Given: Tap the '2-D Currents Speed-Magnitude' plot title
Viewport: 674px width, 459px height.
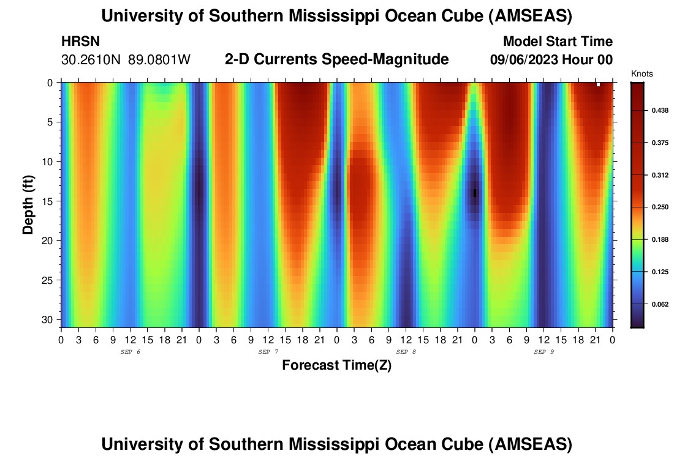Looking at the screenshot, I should click(x=337, y=59).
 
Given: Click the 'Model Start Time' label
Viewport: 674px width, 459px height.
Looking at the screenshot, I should click(x=557, y=42).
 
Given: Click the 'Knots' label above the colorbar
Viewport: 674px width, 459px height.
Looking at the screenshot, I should click(x=642, y=74).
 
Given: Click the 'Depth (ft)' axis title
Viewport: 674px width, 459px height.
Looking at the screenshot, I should click(x=28, y=203).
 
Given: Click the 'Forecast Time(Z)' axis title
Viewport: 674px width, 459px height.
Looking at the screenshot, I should click(x=336, y=365).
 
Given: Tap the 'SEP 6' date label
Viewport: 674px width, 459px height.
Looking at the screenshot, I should click(x=131, y=352).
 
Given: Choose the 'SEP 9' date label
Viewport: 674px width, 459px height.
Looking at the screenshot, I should click(x=544, y=352).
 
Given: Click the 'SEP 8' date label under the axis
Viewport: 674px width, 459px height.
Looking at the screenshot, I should click(x=406, y=352).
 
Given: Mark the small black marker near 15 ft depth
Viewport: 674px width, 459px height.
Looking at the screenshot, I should click(x=475, y=193).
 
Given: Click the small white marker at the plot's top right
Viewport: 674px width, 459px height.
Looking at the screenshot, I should click(x=598, y=84).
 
